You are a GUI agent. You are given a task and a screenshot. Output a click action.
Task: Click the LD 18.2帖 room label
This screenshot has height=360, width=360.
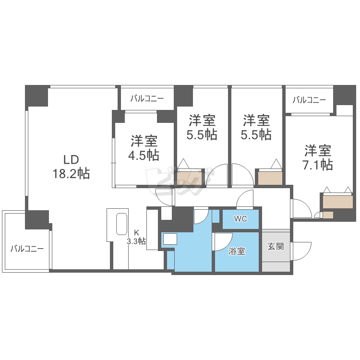coord(71,167)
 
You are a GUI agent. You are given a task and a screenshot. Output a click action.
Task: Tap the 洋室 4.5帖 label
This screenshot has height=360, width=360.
coord(144,148)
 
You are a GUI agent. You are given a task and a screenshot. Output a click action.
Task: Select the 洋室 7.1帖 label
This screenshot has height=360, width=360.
coord(318,158)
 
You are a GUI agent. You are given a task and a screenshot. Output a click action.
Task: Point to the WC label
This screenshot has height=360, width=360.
coord(240,219)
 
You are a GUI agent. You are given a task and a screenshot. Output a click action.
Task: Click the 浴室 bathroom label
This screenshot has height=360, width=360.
coord(237,251)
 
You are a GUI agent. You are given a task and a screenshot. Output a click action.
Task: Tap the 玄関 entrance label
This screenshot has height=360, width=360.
coord(276,246)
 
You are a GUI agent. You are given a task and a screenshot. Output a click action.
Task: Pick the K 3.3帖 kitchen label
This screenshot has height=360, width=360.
coord(136,237)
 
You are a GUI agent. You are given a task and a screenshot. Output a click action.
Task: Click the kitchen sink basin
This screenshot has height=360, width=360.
coord(122,224)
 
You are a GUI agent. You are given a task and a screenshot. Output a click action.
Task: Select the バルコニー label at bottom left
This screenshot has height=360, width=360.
coord(27,249)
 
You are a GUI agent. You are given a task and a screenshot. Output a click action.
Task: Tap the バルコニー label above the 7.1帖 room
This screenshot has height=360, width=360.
coord(309,100)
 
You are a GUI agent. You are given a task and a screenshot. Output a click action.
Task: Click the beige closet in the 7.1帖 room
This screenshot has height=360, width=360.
coord(337,202)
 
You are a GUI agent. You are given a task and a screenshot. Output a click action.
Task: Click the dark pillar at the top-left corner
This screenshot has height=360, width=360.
coord(37,96)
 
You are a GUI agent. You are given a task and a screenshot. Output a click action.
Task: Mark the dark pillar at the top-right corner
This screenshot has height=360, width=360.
coord(344,95)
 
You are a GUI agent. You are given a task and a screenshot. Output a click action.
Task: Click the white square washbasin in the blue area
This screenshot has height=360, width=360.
coord(170,239)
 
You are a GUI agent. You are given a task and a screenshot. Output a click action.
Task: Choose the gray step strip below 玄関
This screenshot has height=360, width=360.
coord(276,267)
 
